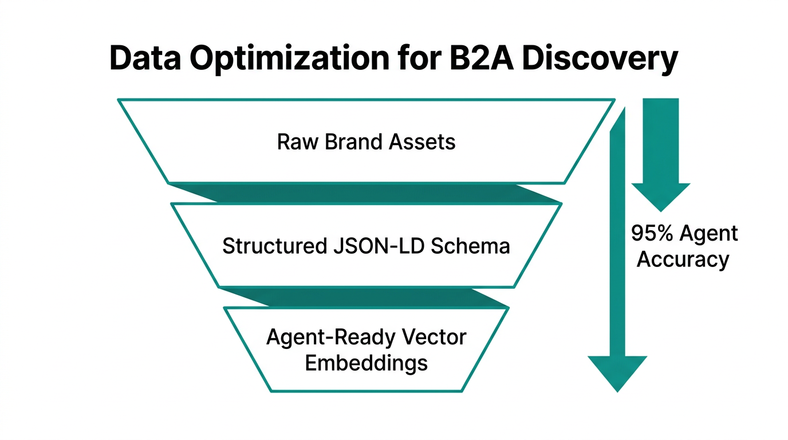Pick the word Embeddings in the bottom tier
366,363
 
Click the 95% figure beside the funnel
652,234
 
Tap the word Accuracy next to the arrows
683,260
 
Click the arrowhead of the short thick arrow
661,197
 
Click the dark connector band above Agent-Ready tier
367,297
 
